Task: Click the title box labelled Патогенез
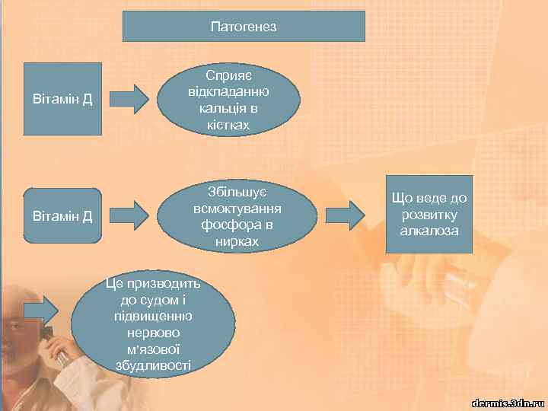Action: coord(244,27)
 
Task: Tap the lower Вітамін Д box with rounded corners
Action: coord(62,215)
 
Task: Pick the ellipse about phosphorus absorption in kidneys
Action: coord(237,215)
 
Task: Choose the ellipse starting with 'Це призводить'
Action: coord(153,325)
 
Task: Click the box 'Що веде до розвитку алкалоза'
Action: coord(429,214)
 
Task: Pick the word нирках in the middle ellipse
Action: coord(237,241)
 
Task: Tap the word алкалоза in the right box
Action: coord(430,230)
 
